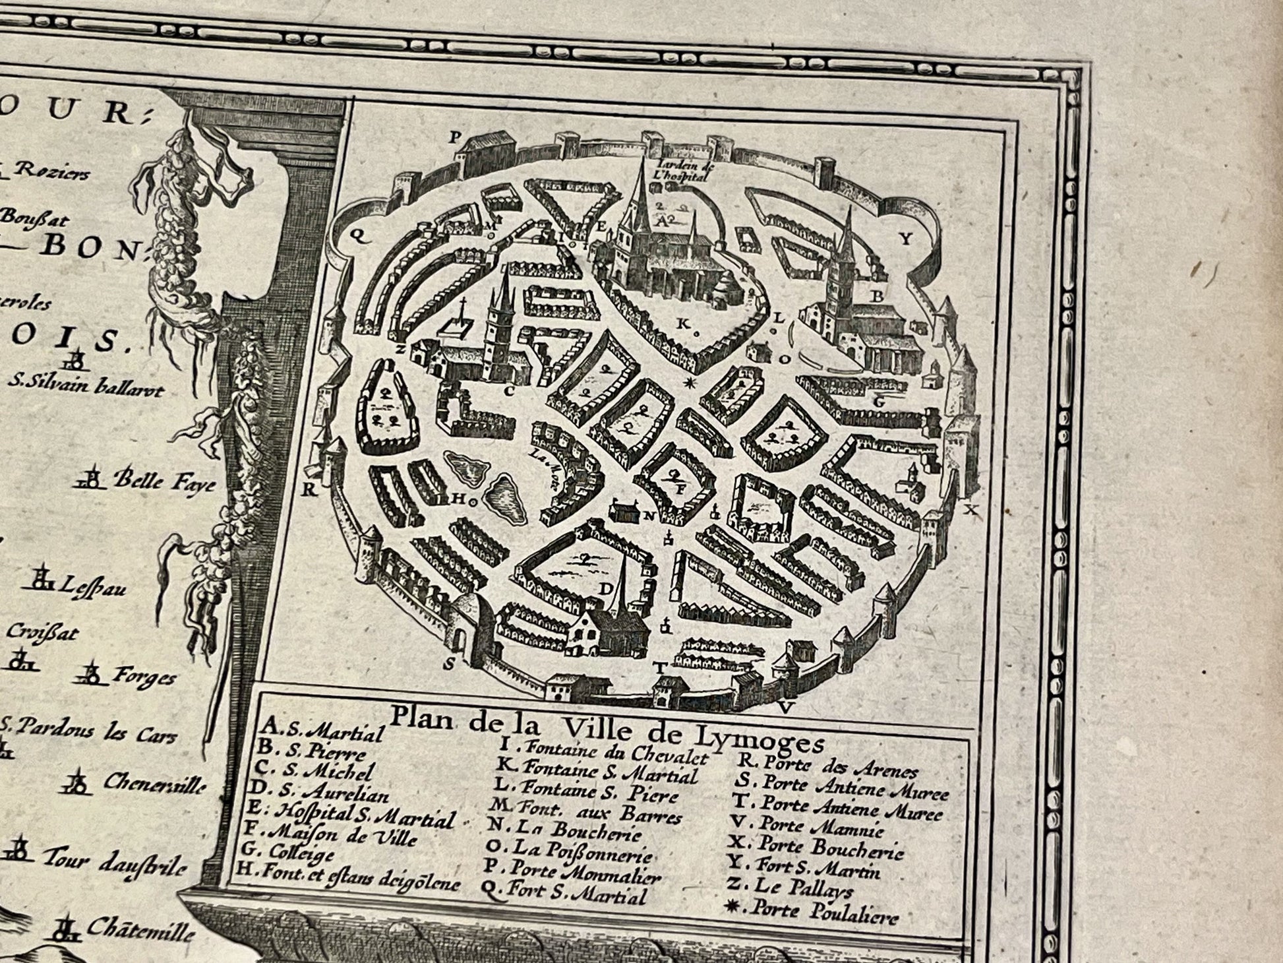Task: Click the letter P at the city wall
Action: (454, 138)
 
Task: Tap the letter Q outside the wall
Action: (360, 240)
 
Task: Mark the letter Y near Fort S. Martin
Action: (906, 239)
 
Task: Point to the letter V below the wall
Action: (785, 708)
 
